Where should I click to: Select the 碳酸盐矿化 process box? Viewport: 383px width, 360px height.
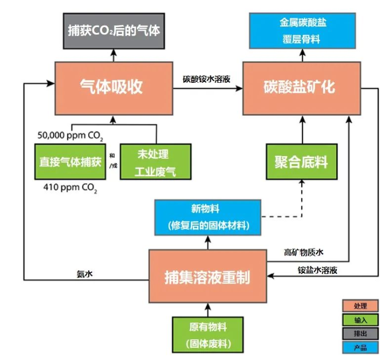click(x=299, y=88)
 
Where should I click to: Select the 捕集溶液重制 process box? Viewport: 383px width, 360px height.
click(x=207, y=277)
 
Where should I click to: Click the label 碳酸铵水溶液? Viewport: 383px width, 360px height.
click(x=206, y=79)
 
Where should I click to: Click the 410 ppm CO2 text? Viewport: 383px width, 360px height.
click(x=70, y=188)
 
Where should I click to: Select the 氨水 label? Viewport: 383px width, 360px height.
click(x=84, y=273)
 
